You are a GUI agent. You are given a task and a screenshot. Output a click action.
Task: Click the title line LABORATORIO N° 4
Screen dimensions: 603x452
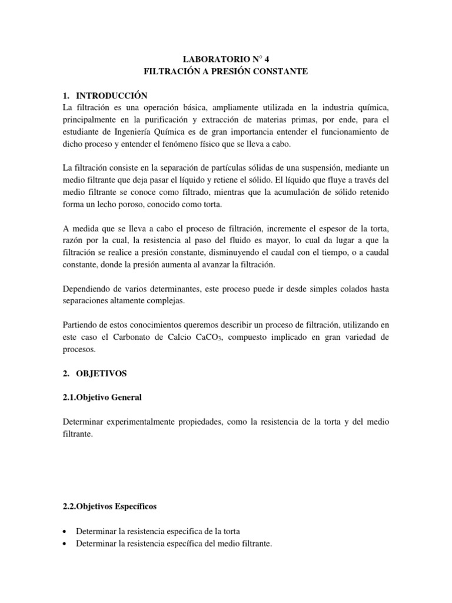click(226, 59)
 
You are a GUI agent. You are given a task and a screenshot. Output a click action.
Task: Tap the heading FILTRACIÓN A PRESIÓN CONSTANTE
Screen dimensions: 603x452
click(226, 71)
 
